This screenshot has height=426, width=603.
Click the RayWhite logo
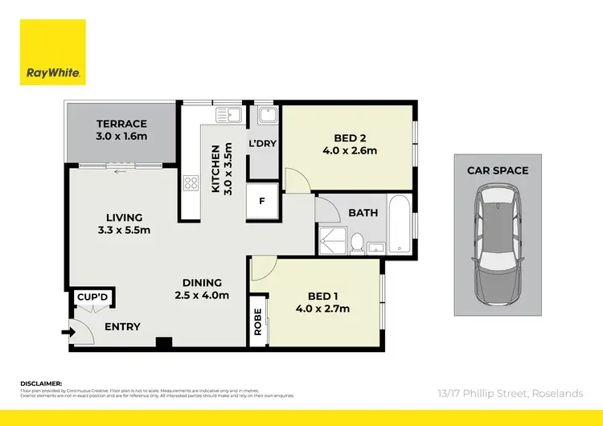click(x=53, y=51)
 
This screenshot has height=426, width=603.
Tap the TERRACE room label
click(x=121, y=124)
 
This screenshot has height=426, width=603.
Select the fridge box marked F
click(x=262, y=202)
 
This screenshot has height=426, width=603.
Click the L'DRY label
click(x=262, y=143)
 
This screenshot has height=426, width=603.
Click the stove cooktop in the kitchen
click(x=191, y=182)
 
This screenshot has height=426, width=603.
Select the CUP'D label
click(x=92, y=298)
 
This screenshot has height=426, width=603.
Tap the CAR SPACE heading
click(x=498, y=170)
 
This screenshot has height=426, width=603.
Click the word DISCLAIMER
click(x=40, y=384)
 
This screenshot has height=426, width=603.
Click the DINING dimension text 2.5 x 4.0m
click(x=201, y=295)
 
